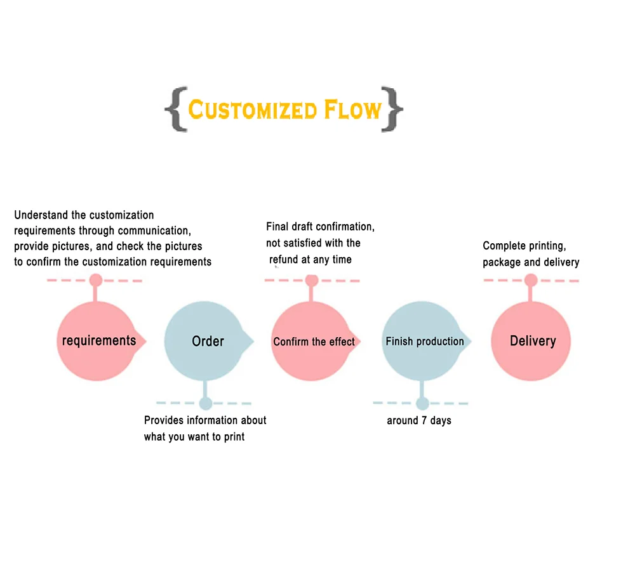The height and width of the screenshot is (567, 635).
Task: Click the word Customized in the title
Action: click(252, 110)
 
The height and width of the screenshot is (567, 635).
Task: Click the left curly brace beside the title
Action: click(176, 110)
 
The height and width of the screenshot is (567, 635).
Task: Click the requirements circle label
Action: click(99, 340)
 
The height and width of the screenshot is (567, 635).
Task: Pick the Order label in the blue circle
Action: click(208, 342)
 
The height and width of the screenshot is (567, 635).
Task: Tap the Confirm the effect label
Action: click(314, 342)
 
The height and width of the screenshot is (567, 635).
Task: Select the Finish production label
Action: click(425, 342)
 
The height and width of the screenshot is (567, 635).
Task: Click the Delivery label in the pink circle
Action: click(533, 341)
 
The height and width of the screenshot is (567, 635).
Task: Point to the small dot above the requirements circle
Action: click(96, 280)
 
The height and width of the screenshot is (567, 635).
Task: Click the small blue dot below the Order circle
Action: click(205, 403)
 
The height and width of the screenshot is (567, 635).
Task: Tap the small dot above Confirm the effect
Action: click(311, 280)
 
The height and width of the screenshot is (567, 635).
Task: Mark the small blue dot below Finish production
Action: click(422, 403)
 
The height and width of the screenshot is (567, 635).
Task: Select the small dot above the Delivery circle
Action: click(531, 280)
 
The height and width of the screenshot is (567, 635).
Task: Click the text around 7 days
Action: click(419, 420)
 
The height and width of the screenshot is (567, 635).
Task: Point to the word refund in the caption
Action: click(284, 259)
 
